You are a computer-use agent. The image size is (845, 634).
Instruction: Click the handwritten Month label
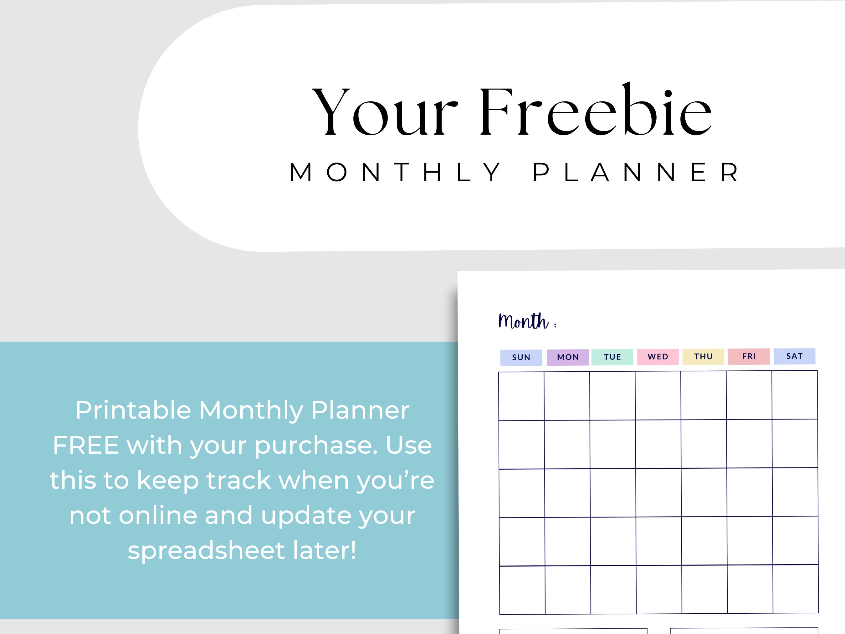click(523, 321)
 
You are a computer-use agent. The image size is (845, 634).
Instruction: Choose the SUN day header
click(521, 357)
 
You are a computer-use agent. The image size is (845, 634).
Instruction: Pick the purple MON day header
click(568, 357)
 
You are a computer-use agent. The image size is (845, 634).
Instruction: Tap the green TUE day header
click(612, 357)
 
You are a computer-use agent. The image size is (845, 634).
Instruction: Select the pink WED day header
click(658, 357)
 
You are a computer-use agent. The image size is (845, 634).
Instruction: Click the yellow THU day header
click(703, 357)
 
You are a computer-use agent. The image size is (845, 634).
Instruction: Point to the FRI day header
click(749, 356)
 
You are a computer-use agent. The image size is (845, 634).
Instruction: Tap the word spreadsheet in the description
click(206, 550)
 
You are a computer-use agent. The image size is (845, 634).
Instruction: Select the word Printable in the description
click(133, 410)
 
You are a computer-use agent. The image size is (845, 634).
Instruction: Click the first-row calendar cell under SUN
click(521, 396)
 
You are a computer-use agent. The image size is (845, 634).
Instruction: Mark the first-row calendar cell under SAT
click(795, 395)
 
